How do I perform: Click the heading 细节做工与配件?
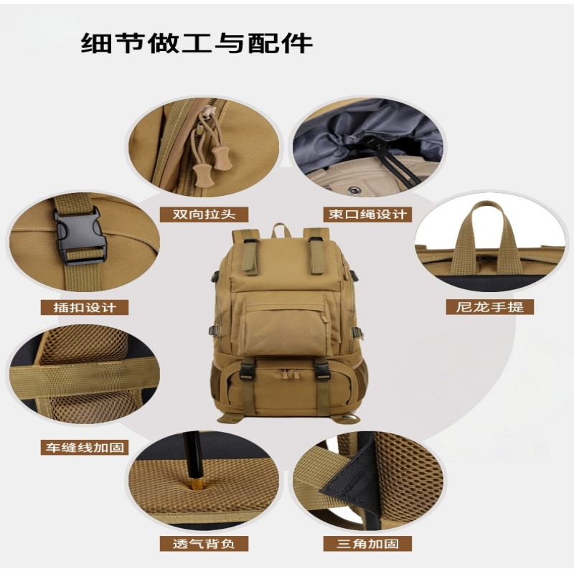point(197,42)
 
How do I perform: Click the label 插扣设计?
point(84,307)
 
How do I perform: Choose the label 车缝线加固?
point(83,447)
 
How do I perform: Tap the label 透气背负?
point(203,543)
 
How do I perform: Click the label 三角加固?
point(367,543)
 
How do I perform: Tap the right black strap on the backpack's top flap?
point(316,255)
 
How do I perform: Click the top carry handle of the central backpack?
point(281,230)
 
